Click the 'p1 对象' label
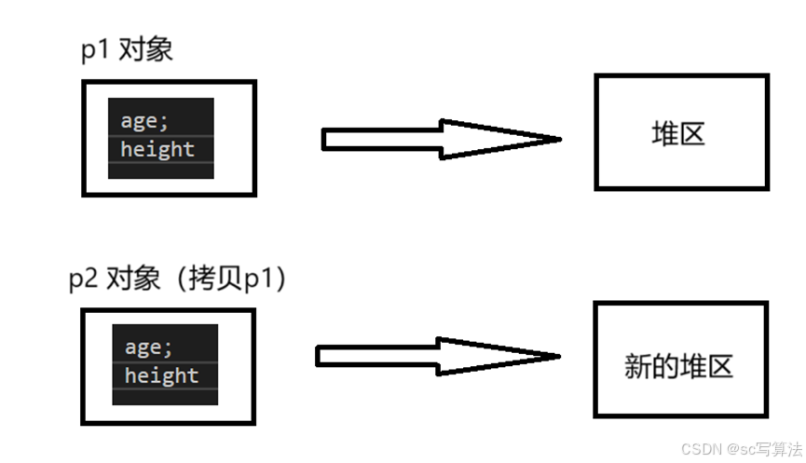coord(127,49)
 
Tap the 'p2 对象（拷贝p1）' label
coord(178,278)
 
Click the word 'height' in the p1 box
coord(157,149)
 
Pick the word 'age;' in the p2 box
coord(149,347)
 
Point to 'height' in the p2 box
coord(162,375)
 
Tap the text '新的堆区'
coord(679,365)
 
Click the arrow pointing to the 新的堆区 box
coord(436,356)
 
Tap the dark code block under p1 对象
coord(161,137)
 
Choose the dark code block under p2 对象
coord(165,364)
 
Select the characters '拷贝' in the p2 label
coord(217,278)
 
